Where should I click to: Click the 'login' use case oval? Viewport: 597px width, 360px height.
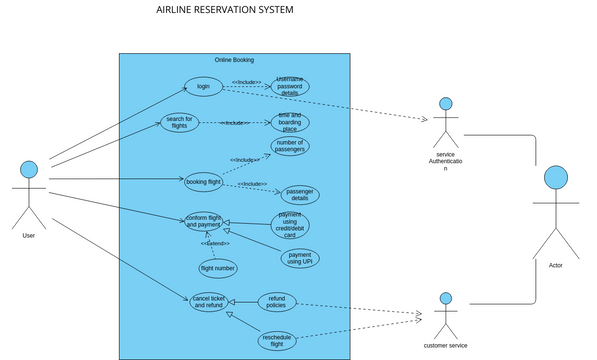(x=203, y=87)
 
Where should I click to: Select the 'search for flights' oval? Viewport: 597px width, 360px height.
(x=179, y=122)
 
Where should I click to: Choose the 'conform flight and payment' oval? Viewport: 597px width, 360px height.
(x=203, y=221)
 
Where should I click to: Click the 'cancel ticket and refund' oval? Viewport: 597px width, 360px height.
(x=208, y=301)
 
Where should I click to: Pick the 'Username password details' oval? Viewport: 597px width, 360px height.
(x=289, y=86)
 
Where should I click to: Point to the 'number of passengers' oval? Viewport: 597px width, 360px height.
(x=289, y=146)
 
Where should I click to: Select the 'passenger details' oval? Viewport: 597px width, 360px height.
(x=299, y=194)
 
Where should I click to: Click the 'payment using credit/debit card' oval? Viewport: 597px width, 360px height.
(x=289, y=226)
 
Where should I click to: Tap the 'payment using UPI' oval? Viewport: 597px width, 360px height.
(x=300, y=259)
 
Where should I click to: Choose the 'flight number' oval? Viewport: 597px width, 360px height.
(x=218, y=268)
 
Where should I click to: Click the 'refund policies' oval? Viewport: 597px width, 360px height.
(x=277, y=301)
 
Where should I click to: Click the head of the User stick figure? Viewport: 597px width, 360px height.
(x=29, y=168)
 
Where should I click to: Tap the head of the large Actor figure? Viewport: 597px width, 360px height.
(x=555, y=178)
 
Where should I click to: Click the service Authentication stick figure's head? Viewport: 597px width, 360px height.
(x=446, y=104)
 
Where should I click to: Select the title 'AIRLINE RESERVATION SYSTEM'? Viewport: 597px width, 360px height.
(x=225, y=11)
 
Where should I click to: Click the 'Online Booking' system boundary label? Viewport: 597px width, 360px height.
(x=234, y=60)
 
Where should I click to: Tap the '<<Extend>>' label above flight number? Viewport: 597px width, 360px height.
(x=214, y=243)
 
